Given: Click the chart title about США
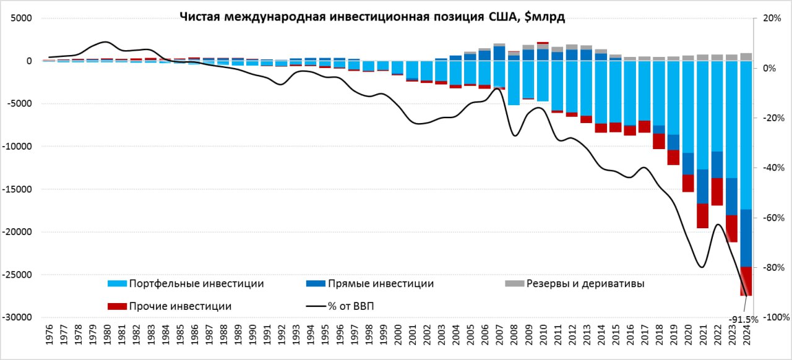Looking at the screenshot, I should click(x=372, y=17).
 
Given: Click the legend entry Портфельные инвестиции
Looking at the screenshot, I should click(x=196, y=283).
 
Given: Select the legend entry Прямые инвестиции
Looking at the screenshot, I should click(x=381, y=283).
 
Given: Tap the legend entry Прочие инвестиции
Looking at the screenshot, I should click(x=179, y=306).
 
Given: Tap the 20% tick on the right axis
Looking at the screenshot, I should click(x=770, y=18).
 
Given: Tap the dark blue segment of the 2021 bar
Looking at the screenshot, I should click(x=702, y=186).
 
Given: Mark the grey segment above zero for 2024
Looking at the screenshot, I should click(x=746, y=56).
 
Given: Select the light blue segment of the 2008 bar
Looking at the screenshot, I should click(x=514, y=83).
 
